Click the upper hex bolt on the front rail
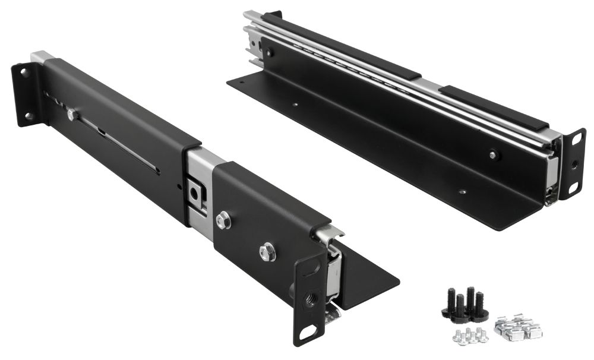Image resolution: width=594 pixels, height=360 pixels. click(x=224, y=221)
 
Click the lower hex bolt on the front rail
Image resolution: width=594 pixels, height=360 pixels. click(x=267, y=251)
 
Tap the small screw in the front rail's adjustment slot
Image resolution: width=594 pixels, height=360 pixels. click(x=72, y=115)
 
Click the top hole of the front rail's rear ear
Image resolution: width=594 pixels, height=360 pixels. click(x=23, y=72)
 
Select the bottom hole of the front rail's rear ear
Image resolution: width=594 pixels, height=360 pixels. click(x=28, y=115)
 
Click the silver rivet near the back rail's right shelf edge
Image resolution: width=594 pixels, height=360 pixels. click(x=462, y=192)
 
